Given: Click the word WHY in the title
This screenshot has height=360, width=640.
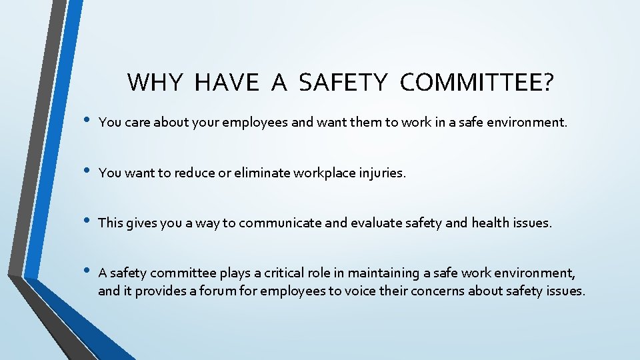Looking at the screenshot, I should (154, 83).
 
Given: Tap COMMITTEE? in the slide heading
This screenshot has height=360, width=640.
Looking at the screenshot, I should (477, 83).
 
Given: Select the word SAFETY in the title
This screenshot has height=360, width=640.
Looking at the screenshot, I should (343, 83).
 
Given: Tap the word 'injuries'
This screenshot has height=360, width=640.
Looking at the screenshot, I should (381, 173).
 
